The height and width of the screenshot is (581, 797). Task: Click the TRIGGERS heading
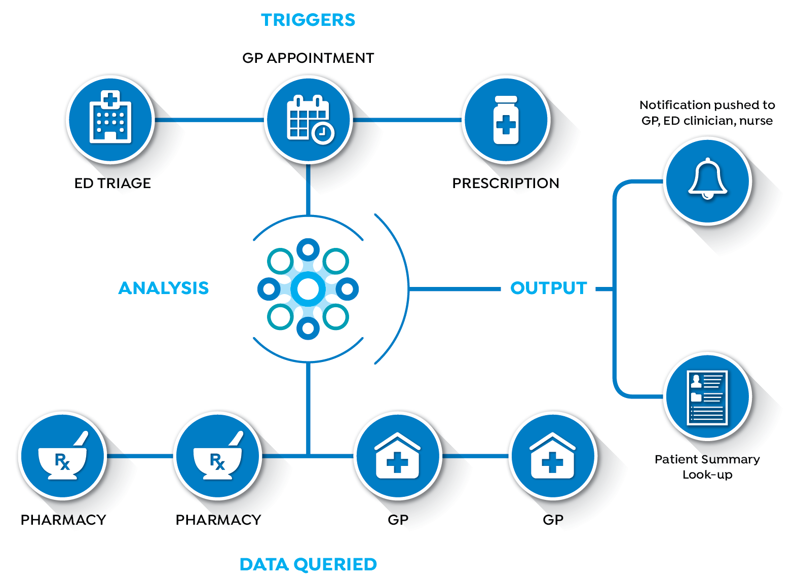click(x=308, y=20)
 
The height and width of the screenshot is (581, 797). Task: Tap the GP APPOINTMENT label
click(x=308, y=58)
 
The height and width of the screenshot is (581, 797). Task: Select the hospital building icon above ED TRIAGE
click(x=110, y=117)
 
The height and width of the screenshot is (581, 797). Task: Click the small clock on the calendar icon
click(x=323, y=133)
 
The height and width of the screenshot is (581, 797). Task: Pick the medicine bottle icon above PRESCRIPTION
click(x=506, y=120)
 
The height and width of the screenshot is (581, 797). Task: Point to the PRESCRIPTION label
click(x=506, y=184)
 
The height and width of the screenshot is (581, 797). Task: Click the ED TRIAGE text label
click(x=112, y=184)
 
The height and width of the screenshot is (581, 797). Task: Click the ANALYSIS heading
click(x=163, y=288)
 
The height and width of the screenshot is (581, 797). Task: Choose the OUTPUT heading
click(x=549, y=288)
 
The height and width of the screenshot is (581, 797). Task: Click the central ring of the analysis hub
click(x=308, y=272)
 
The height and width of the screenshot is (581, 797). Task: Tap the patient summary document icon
click(x=707, y=397)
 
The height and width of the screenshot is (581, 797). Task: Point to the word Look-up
click(x=707, y=475)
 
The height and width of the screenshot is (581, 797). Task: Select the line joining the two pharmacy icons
click(x=140, y=456)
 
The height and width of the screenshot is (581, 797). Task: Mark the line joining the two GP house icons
click(x=475, y=456)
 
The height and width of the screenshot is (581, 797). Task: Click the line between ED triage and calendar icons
click(x=209, y=120)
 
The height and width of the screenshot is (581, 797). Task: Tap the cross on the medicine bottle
click(x=506, y=125)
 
